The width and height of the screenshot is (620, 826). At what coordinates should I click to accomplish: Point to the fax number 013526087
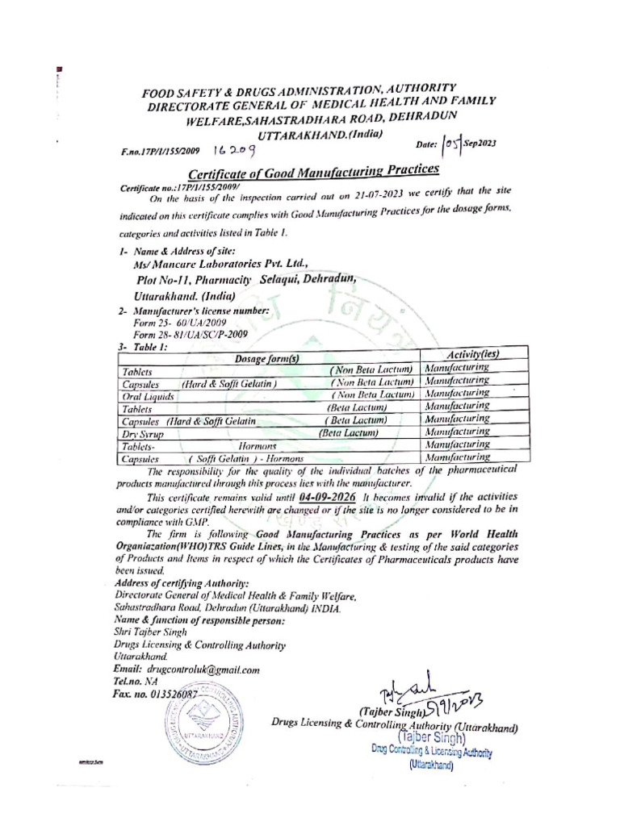tap(174, 693)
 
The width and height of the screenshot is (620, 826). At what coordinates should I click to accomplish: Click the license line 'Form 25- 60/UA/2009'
tap(177, 322)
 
